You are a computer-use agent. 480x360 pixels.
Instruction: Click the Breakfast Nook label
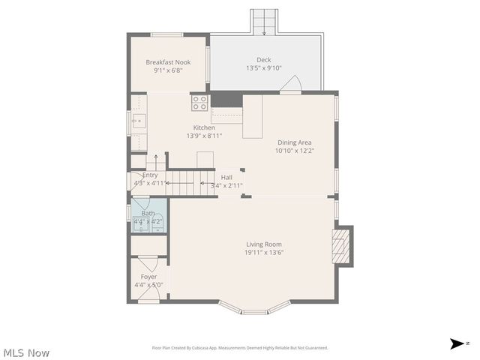tap(168, 61)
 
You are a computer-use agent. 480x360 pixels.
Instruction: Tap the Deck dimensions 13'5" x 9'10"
tap(263, 68)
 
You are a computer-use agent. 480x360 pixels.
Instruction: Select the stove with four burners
tap(199, 102)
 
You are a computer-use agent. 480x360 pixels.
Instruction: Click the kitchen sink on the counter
tap(137, 120)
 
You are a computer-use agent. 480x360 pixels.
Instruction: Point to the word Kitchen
tap(204, 127)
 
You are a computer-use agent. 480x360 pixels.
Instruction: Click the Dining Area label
tap(294, 142)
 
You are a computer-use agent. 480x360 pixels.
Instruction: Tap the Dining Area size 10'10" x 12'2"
tap(294, 150)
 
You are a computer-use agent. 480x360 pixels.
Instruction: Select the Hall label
tap(226, 177)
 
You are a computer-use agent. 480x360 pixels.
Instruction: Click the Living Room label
tap(263, 244)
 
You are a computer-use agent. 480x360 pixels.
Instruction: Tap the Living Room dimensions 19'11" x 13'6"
tap(263, 252)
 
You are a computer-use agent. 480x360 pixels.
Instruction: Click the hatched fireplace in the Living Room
tap(341, 245)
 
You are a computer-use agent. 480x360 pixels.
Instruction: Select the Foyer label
tap(148, 276)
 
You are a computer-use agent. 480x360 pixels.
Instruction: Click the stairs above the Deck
tap(263, 22)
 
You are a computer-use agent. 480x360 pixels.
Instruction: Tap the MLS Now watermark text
tap(26, 352)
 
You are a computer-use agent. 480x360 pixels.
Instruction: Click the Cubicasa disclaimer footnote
tap(240, 347)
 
